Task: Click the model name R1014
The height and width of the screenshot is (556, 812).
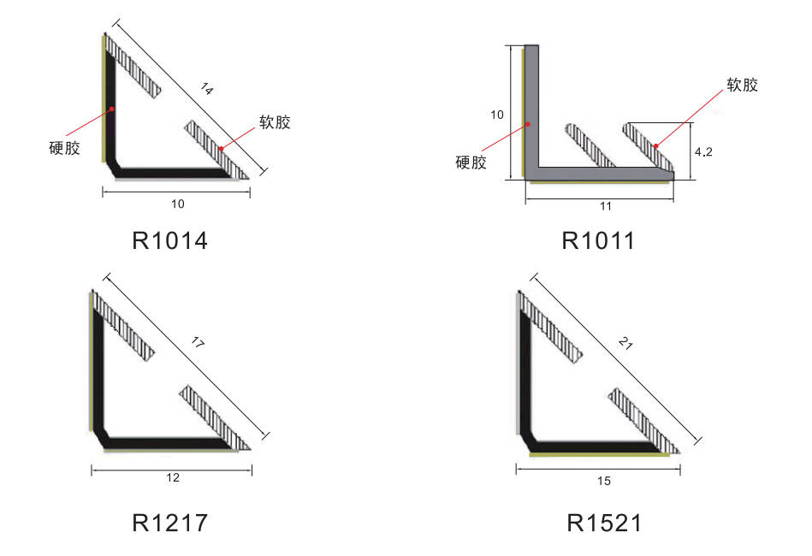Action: point(170,240)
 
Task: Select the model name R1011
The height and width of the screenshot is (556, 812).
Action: point(598,240)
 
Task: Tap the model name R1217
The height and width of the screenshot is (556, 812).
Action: point(170,523)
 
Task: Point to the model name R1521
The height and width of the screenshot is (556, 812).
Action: point(604,523)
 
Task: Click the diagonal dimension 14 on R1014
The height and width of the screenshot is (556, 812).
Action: point(206,89)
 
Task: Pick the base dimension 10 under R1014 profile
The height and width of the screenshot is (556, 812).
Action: point(178,204)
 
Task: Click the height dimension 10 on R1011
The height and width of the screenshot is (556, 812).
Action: point(496,115)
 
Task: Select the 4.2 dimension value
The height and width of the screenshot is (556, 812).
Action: point(703,151)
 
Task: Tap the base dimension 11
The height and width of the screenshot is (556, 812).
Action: point(606,206)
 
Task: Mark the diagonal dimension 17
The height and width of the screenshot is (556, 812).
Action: point(198,341)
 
